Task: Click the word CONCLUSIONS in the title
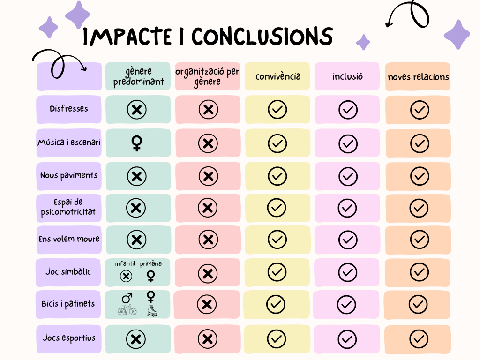tap(262, 37)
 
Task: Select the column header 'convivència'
tap(278, 76)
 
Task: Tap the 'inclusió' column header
tap(348, 76)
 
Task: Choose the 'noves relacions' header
tap(418, 77)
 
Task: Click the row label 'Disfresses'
tap(69, 109)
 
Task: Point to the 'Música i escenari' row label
tap(69, 142)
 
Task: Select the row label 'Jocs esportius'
tap(69, 338)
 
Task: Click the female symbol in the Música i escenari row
tap(137, 143)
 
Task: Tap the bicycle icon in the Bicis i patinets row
tap(127, 310)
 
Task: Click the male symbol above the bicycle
tap(127, 298)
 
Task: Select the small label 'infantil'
tap(126, 264)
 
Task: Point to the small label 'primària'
tap(150, 264)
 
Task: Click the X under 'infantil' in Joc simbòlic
tap(126, 276)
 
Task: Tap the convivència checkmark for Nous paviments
tap(277, 176)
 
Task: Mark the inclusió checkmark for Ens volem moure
tap(348, 240)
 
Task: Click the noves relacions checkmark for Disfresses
tap(419, 110)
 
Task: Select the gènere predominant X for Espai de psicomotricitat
tap(136, 208)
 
